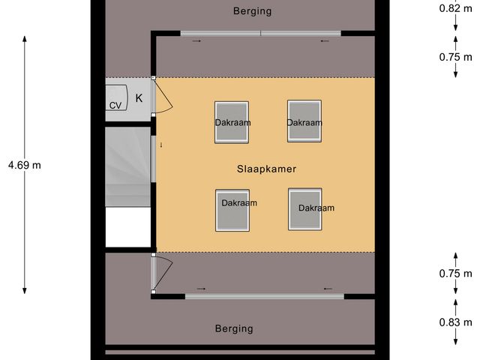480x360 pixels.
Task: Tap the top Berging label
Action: click(x=252, y=11)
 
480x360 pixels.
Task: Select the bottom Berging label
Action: click(x=233, y=328)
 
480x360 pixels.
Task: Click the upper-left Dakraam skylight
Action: click(x=232, y=121)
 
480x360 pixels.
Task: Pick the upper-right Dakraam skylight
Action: click(x=304, y=121)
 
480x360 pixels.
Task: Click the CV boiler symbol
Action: click(x=115, y=106)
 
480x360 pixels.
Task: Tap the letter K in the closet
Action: click(x=139, y=97)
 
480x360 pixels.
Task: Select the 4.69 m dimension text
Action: click(x=25, y=165)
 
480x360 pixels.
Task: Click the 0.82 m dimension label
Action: click(x=455, y=9)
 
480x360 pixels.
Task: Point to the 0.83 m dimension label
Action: click(x=455, y=322)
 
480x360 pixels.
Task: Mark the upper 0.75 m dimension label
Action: click(x=455, y=56)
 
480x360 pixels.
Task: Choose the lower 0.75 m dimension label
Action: click(x=455, y=274)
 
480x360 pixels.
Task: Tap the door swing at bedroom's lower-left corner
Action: click(x=163, y=270)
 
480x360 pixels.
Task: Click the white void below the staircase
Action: click(x=128, y=226)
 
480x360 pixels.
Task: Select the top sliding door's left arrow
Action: click(x=196, y=41)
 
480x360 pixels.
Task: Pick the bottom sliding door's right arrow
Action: click(x=327, y=289)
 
